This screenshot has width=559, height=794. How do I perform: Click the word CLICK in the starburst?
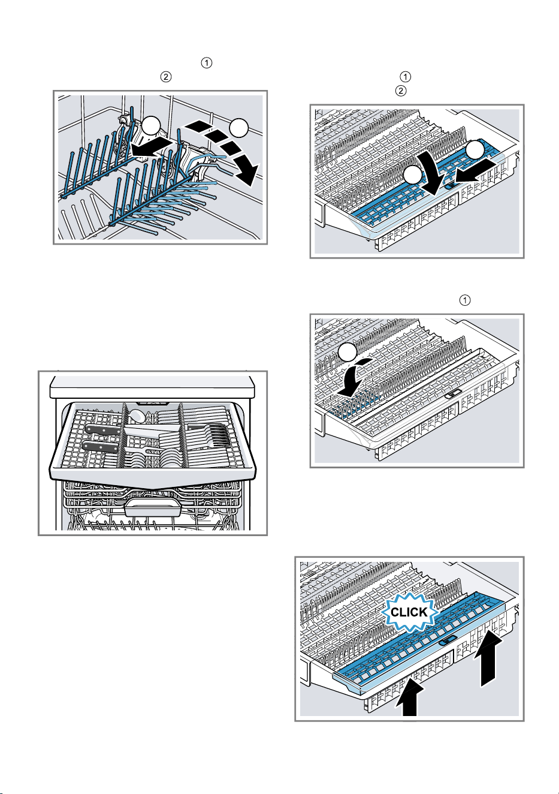409,612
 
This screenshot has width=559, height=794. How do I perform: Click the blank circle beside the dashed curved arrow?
238,128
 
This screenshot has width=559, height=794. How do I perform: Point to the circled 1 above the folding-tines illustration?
207,63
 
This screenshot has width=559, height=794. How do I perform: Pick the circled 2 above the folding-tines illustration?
166,77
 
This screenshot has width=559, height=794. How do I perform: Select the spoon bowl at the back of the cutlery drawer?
137,416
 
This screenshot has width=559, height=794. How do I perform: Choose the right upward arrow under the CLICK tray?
488,658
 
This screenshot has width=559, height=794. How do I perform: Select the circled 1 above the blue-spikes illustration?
465,300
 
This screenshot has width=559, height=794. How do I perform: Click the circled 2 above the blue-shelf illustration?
401,91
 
